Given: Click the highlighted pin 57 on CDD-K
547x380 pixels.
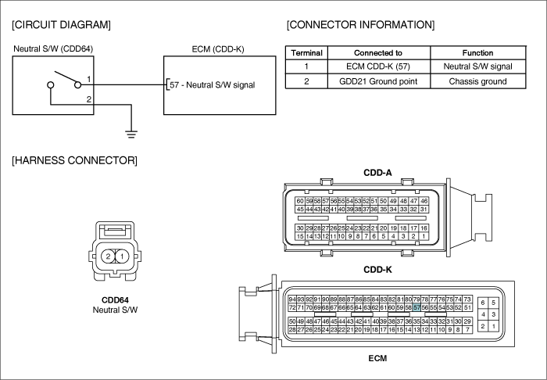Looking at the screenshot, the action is click(417, 307).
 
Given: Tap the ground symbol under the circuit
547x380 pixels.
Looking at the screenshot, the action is click(131, 134).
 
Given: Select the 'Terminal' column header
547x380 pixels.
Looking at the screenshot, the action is click(306, 53).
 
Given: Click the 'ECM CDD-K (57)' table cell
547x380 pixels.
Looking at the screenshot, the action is click(378, 66).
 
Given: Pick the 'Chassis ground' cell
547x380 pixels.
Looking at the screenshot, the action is click(477, 81).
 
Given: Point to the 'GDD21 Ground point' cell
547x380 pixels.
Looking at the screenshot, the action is click(378, 81).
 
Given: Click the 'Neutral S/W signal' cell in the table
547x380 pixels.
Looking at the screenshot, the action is click(477, 66).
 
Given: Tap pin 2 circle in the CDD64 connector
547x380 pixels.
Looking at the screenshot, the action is click(108, 256).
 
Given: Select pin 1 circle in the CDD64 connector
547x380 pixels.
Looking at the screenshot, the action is click(122, 256).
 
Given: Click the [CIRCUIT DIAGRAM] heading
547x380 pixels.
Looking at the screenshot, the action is click(62, 25).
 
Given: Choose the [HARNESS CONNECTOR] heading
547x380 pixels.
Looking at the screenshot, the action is click(75, 160).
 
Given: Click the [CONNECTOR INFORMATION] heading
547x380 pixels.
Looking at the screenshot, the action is click(361, 25).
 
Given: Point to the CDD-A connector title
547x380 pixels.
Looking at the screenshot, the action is click(377, 173).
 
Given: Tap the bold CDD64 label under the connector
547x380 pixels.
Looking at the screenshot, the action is click(115, 300).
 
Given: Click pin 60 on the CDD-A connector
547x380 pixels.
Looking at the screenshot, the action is click(300, 201).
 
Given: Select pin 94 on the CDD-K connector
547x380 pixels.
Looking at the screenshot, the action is click(292, 299).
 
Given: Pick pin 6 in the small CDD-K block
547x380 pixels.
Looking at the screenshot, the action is click(483, 303).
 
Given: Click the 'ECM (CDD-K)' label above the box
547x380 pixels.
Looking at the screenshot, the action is click(218, 49).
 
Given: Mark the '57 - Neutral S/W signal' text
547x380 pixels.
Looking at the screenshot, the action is click(213, 85).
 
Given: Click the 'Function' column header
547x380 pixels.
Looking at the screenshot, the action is click(477, 53).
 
